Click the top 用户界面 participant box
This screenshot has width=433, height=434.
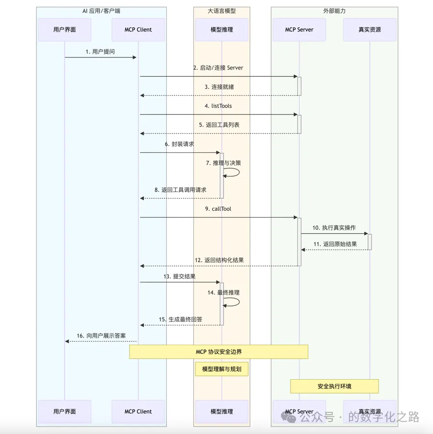[x=64, y=30]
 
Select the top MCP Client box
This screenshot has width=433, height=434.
[x=138, y=30]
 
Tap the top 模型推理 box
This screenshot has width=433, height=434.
[x=222, y=30]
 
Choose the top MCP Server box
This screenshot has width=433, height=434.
[x=299, y=30]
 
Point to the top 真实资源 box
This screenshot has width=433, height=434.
[x=370, y=30]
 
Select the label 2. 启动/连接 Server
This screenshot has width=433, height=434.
[x=218, y=68]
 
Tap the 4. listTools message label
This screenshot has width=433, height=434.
[x=218, y=106]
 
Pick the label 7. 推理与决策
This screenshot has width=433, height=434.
[x=224, y=163]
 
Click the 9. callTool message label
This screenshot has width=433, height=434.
[x=218, y=209]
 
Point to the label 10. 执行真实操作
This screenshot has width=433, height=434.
[x=334, y=228]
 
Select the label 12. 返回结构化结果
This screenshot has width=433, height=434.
[x=219, y=260]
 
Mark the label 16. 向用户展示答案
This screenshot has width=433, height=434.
[x=101, y=336]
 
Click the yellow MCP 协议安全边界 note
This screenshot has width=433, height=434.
[x=218, y=352]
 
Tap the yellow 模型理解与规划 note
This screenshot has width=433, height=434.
[x=222, y=369]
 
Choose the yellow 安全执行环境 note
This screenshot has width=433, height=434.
[x=334, y=386]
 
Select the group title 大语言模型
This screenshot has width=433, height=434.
[x=222, y=11]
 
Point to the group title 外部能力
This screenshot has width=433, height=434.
[x=334, y=11]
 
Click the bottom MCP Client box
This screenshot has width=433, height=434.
[x=138, y=411]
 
